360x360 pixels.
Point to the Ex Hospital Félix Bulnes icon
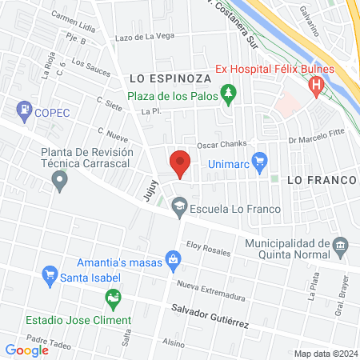pyautogui.click(x=317, y=84)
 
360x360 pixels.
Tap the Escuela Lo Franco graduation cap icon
pyautogui.click(x=181, y=207)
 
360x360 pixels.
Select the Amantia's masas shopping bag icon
pyautogui.click(x=172, y=259)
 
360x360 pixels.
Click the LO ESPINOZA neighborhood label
pyautogui.click(x=168, y=78)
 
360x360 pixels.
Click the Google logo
pyautogui.click(x=27, y=350)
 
